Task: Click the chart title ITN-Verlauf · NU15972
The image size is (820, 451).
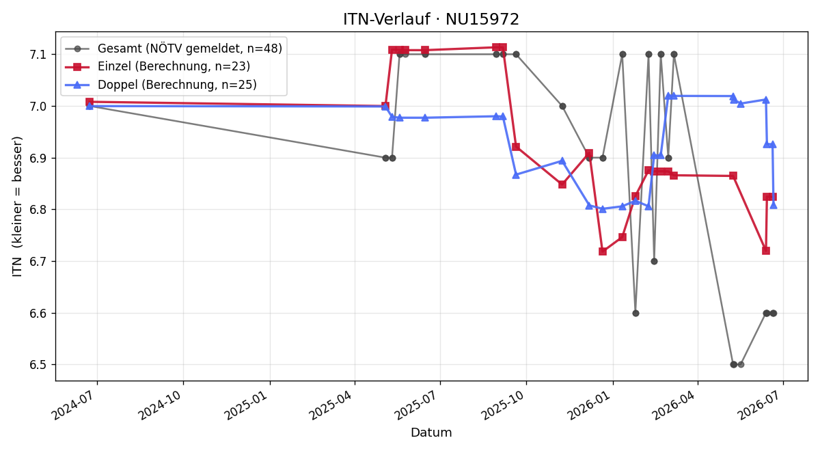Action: tap(431, 19)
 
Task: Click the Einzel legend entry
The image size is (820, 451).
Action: tap(157, 66)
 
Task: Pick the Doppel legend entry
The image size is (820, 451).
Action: tap(161, 85)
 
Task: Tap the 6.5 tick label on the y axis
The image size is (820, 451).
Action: tap(38, 365)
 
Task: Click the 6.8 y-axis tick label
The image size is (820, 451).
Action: tap(38, 210)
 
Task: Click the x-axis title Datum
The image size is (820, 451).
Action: tap(431, 433)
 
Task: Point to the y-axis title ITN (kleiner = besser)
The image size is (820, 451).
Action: tap(17, 206)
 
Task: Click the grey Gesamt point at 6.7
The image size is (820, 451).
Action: tap(654, 261)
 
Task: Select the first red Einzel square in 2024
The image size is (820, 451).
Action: tap(90, 102)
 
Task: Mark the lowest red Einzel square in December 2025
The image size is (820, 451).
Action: tap(603, 251)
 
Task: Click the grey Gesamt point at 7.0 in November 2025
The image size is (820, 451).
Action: tap(562, 106)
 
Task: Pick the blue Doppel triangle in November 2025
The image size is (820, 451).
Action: tap(562, 161)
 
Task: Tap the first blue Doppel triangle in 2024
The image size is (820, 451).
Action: tap(90, 106)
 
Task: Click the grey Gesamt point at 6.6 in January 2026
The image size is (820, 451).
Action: tap(635, 314)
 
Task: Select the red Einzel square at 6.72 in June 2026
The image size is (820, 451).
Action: tap(766, 250)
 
